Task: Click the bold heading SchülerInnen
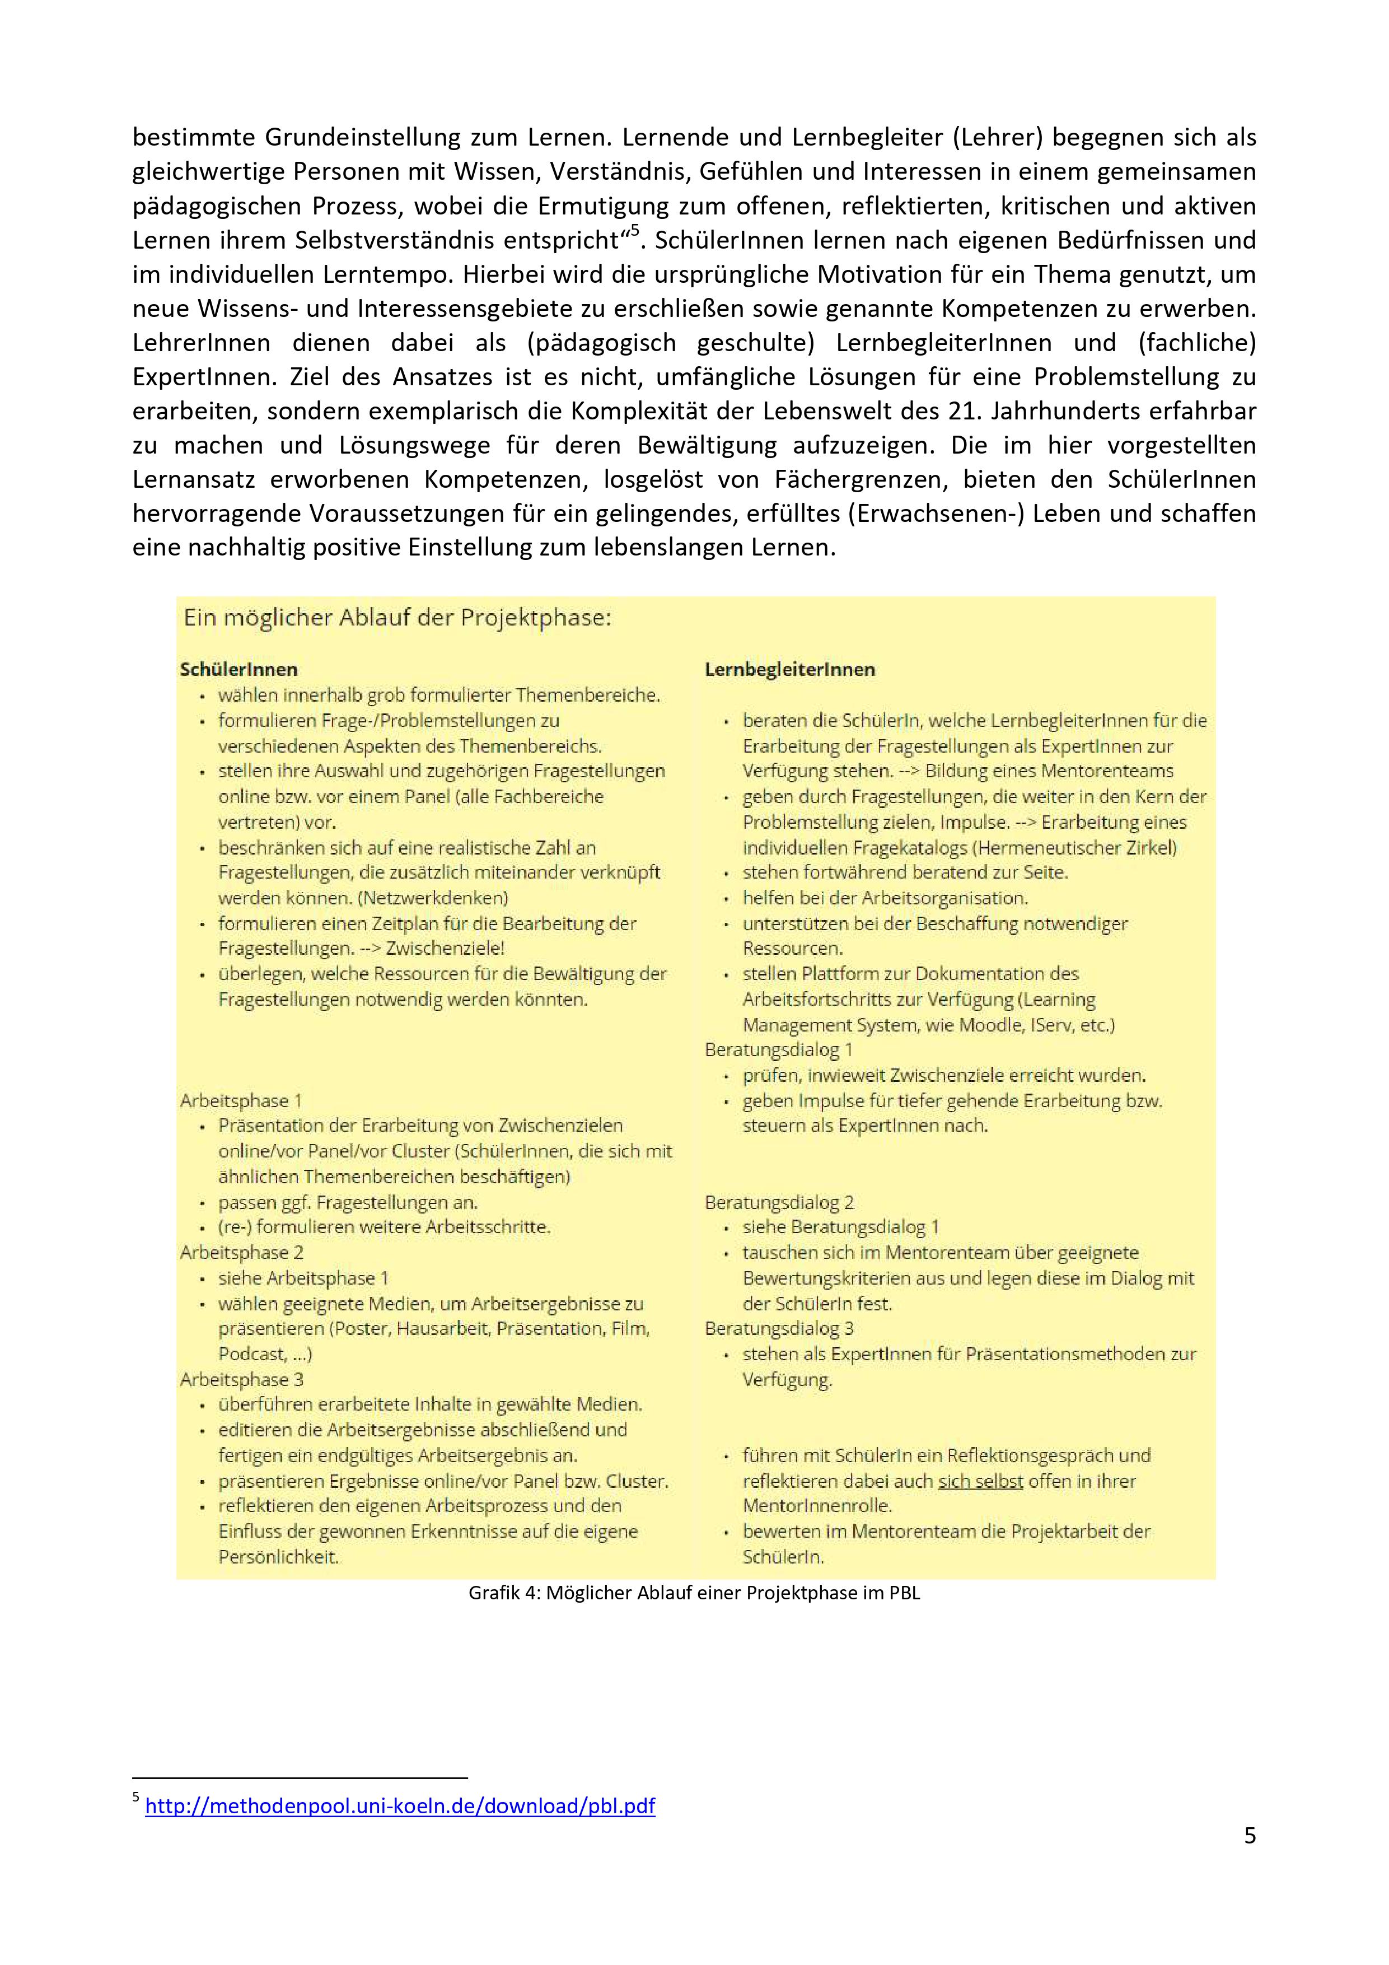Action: click(238, 669)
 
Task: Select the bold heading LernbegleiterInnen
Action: click(789, 669)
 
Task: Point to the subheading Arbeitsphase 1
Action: click(241, 1100)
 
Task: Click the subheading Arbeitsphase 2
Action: click(241, 1252)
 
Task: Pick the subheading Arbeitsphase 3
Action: click(241, 1379)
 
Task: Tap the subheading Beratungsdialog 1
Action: click(778, 1049)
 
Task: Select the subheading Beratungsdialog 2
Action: click(779, 1202)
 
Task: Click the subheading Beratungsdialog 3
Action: click(779, 1328)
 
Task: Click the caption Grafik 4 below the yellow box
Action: click(694, 1593)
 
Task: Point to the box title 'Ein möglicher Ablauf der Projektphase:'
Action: click(397, 618)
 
